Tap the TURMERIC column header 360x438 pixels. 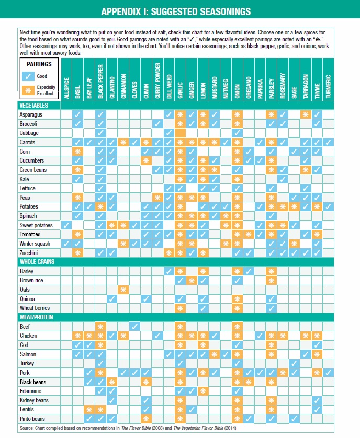pos(328,86)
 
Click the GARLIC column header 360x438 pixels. pos(181,87)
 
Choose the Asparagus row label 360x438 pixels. pos(31,114)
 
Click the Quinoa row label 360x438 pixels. pos(27,299)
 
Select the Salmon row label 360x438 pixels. pos(27,354)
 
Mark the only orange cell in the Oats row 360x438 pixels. pos(123,290)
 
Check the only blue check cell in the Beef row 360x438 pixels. pos(135,327)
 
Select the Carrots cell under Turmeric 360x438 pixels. pos(328,142)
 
